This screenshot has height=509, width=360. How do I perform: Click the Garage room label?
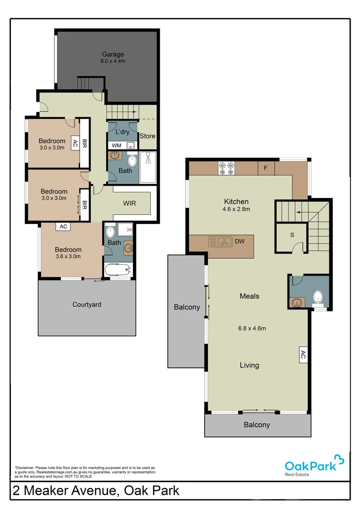coord(113,54)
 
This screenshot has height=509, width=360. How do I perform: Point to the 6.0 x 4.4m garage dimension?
coord(113,61)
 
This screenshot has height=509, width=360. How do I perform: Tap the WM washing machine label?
coord(116,145)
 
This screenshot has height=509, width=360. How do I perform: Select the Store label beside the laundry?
coord(147,136)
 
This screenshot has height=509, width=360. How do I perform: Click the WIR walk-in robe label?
coord(130,204)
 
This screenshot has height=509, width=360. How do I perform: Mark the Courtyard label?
coord(87,304)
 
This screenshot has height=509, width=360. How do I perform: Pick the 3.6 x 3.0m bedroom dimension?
coord(68,257)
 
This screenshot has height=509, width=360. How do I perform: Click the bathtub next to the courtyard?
coord(117,271)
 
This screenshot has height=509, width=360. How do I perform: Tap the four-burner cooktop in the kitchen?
coord(226,167)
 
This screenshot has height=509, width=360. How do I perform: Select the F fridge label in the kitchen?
coord(266,167)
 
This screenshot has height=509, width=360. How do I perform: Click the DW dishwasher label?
coord(240,242)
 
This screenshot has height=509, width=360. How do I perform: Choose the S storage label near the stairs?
coord(292,234)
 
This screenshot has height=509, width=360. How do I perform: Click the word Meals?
coord(249,296)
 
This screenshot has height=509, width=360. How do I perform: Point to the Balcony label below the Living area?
coord(257,425)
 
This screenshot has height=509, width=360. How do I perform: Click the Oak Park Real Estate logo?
coord(314,465)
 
